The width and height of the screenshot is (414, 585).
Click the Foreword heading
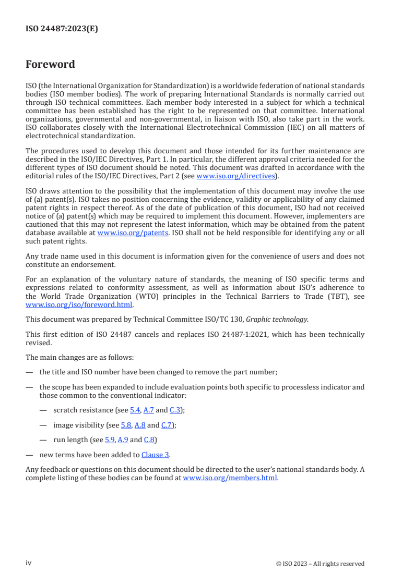(x=50, y=65)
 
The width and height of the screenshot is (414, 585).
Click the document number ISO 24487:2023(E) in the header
(x=62, y=29)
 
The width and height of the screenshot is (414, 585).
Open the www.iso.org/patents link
(x=133, y=233)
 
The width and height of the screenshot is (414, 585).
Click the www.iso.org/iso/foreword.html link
(x=79, y=305)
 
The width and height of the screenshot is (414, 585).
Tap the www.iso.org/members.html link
(x=230, y=478)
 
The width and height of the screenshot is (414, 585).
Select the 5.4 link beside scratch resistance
(x=135, y=410)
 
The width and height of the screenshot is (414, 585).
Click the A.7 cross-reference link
(x=148, y=410)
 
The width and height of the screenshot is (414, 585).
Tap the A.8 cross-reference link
(x=140, y=425)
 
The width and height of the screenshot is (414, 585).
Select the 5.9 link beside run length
(x=110, y=440)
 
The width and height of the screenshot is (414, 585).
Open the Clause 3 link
(x=155, y=455)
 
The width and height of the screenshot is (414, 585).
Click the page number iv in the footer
(x=29, y=563)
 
